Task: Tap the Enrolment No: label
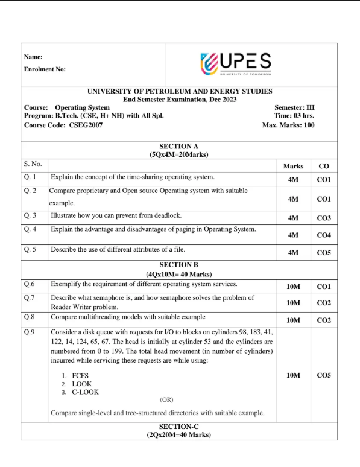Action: tap(45, 69)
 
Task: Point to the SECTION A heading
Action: tap(179, 146)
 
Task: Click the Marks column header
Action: tap(293, 165)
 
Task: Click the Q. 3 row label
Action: tap(31, 215)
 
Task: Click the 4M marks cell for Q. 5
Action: tap(293, 253)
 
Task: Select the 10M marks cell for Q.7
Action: tap(293, 302)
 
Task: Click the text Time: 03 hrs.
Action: tap(294, 116)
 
